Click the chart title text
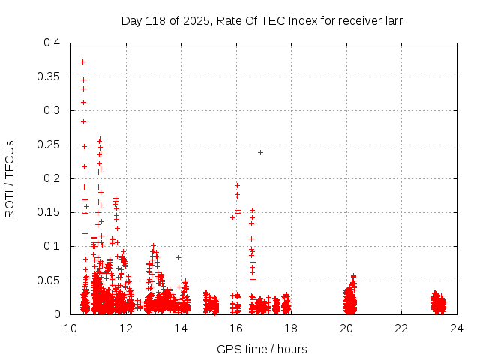pos(262,21)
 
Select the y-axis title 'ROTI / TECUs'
pos(10,178)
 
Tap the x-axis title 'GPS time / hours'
pos(262,349)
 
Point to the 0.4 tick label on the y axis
pos(51,43)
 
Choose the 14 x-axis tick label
pos(181,328)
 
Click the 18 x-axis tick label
pos(291,328)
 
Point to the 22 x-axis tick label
pos(401,328)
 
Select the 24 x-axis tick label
pos(456,328)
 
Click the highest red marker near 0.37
pos(82,61)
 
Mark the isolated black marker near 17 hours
pos(260,152)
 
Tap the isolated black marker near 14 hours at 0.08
pos(178,257)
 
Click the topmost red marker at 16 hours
pos(237,185)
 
